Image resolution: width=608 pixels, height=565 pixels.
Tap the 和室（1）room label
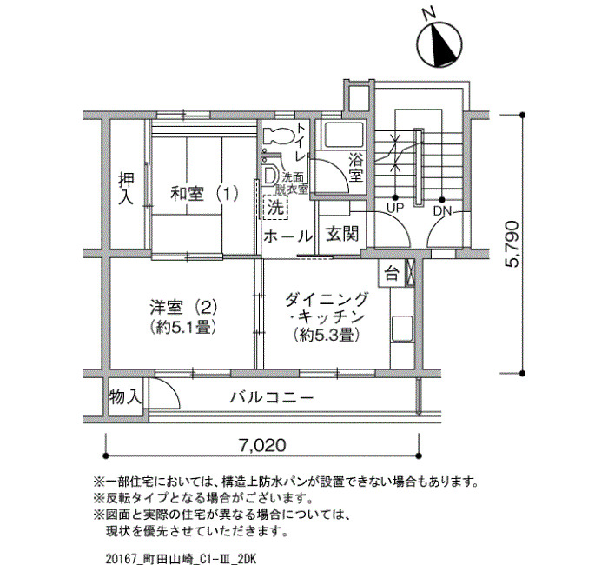click(x=205, y=194)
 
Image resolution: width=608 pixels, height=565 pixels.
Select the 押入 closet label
click(x=126, y=189)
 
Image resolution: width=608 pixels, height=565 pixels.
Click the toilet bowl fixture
click(x=278, y=136)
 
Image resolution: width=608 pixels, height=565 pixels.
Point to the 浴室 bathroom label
click(x=356, y=167)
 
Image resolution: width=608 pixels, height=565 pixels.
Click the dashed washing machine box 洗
click(x=275, y=208)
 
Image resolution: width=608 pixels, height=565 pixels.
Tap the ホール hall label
click(x=287, y=236)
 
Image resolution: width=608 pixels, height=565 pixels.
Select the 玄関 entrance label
click(x=342, y=234)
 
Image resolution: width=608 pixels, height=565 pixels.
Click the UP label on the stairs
click(x=395, y=208)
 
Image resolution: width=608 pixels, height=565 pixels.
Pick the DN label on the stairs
click(x=442, y=211)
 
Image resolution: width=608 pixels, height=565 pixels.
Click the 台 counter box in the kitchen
click(x=392, y=274)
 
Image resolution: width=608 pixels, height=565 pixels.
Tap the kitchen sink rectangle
click(x=401, y=329)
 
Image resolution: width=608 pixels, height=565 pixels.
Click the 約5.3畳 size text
click(x=326, y=335)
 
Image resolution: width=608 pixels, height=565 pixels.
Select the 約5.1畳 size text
click(x=183, y=327)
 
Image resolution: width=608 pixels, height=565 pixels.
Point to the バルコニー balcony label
click(x=272, y=397)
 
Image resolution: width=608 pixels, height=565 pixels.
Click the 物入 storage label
click(x=125, y=397)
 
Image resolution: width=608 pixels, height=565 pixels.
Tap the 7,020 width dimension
click(x=262, y=445)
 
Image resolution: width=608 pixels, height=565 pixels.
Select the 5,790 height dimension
click(x=512, y=243)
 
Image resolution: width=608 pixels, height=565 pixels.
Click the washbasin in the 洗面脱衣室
click(x=270, y=175)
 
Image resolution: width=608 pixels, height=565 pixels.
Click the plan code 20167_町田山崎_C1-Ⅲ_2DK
click(x=181, y=559)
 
